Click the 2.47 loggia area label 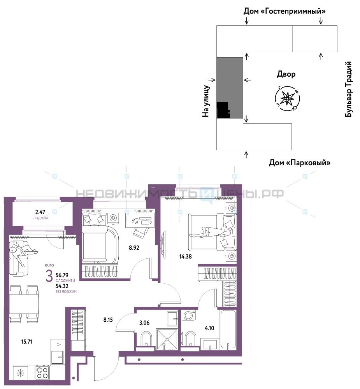tap(40, 212)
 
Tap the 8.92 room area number tap(134, 247)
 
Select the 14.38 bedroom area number tap(186, 256)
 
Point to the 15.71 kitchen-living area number tap(26, 342)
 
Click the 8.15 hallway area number tap(108, 320)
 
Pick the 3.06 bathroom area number tap(144, 323)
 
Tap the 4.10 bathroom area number tap(209, 328)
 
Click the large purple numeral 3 tap(49, 276)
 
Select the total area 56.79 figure tap(62, 275)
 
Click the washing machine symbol tap(188, 315)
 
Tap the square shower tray tap(167, 339)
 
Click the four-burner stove tap(42, 373)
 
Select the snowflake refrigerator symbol tap(20, 373)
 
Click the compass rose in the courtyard tap(287, 98)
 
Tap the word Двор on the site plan tap(286, 74)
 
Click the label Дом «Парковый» tap(300, 163)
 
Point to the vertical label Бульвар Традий tap(349, 89)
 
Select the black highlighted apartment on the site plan tap(223, 110)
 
